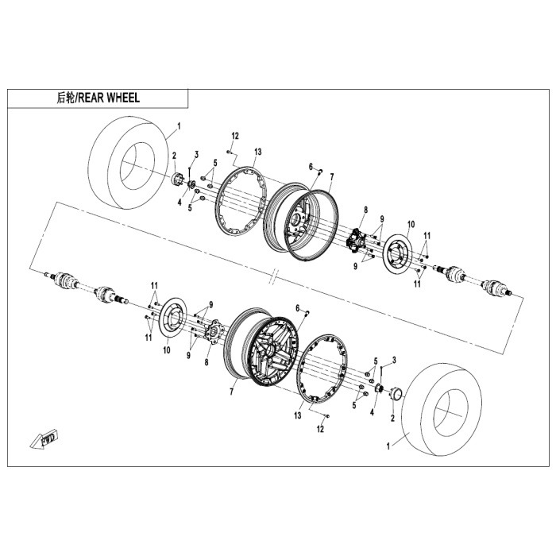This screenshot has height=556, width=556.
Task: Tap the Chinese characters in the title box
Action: coord(65,98)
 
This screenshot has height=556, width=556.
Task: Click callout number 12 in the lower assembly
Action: coord(322,430)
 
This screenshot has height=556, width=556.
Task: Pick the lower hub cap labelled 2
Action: coord(395,392)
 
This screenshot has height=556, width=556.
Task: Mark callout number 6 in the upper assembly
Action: coord(311,166)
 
